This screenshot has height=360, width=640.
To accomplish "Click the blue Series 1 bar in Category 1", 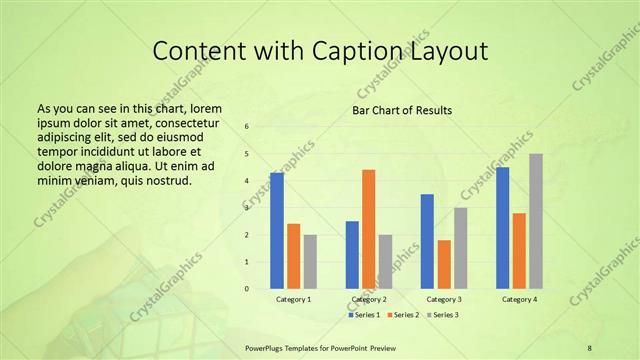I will click(x=276, y=231).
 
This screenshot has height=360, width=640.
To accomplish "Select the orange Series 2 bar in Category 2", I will click(x=369, y=229).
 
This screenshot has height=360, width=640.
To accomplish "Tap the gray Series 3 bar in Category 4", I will click(x=536, y=221).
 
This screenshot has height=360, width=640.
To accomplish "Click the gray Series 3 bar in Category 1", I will click(x=310, y=262).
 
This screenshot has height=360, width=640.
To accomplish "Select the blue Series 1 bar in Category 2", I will click(x=352, y=255).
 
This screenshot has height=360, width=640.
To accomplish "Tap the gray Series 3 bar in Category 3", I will click(x=461, y=248).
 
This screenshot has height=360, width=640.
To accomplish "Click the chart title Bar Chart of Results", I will click(x=402, y=110).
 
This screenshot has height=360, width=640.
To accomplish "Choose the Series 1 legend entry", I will click(x=364, y=314).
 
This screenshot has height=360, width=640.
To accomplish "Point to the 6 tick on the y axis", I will click(x=247, y=127).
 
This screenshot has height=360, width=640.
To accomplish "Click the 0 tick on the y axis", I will click(x=247, y=289).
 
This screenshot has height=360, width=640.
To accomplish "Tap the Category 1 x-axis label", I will click(x=293, y=299).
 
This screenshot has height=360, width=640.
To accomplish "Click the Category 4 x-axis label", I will click(x=519, y=299).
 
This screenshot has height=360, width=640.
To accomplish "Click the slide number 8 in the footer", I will click(x=589, y=348).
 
